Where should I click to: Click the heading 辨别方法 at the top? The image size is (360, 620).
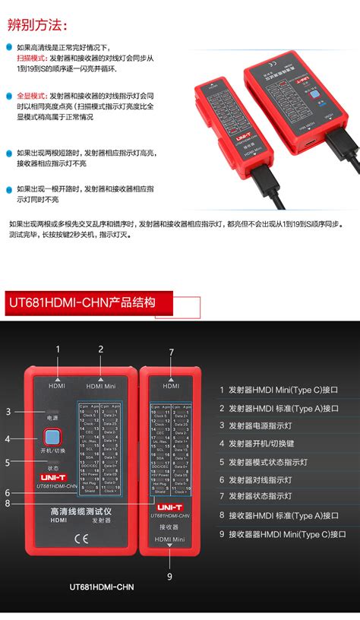click(x=34, y=24)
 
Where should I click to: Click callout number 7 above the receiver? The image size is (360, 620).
click(x=172, y=352)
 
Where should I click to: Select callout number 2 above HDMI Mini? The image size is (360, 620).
click(x=100, y=349)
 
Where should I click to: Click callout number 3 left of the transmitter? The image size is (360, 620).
click(x=8, y=411)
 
